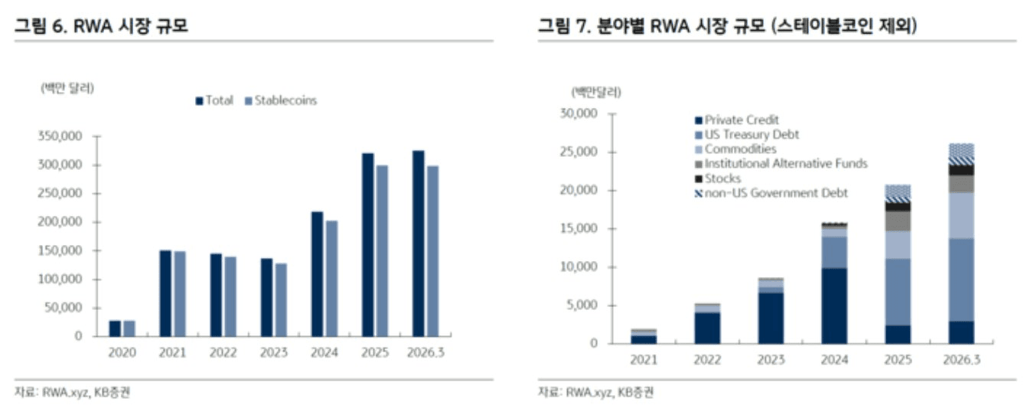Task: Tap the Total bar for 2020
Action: tap(115, 328)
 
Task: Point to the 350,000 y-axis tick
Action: tap(64, 137)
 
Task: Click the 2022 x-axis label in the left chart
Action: tap(223, 352)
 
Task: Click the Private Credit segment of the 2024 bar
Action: tap(834, 305)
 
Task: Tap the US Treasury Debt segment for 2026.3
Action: tap(961, 280)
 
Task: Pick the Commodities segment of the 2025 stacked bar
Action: tap(898, 245)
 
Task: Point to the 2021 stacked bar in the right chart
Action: tap(644, 337)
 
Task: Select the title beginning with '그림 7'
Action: tap(727, 26)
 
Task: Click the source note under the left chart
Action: tap(77, 392)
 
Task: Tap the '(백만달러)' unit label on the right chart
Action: tap(596, 92)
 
